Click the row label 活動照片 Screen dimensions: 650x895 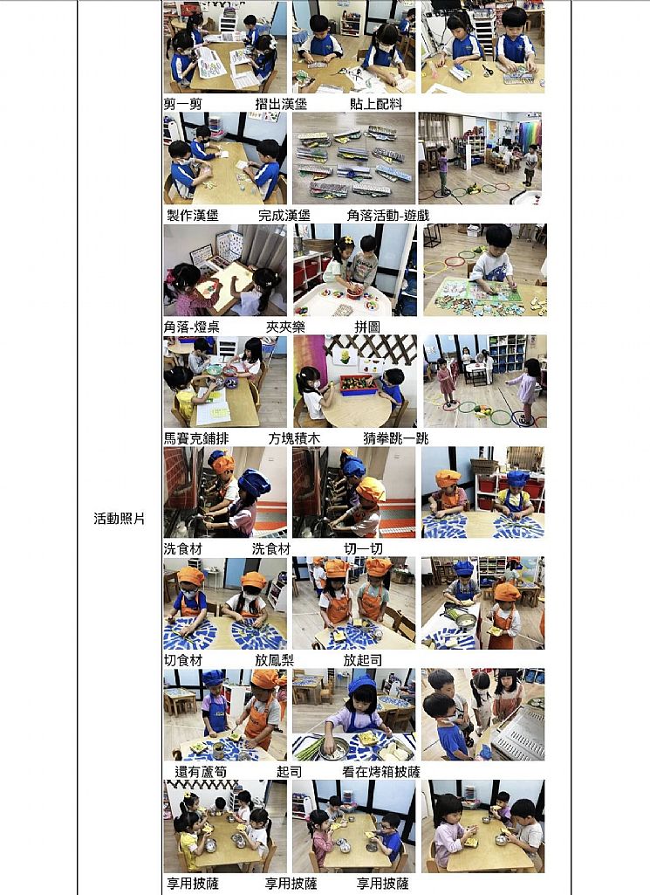coord(120,519)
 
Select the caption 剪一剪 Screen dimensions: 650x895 coord(182,104)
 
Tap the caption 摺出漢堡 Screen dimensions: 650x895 coord(281,104)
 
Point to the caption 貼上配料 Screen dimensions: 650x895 coord(376,104)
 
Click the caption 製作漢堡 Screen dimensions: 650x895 coord(193,215)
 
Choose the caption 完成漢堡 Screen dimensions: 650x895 coord(284,215)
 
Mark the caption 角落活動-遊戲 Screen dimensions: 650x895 coord(387,215)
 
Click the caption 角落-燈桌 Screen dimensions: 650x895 coord(192,327)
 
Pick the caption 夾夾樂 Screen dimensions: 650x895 coord(285,327)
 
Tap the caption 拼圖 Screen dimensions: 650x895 coord(367,327)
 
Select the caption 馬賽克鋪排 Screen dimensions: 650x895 coord(196,437)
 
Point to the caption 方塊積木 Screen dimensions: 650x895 coord(294,437)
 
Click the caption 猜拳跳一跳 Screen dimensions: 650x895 coord(396,437)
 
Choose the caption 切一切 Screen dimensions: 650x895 coord(363,548)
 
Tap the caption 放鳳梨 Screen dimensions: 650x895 coord(274,660)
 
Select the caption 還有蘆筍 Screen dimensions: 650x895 coord(201,771)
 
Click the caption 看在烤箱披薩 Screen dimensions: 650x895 coord(381,771)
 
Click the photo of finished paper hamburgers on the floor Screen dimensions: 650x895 coord(353,158)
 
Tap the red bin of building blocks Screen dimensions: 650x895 coord(358,384)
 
